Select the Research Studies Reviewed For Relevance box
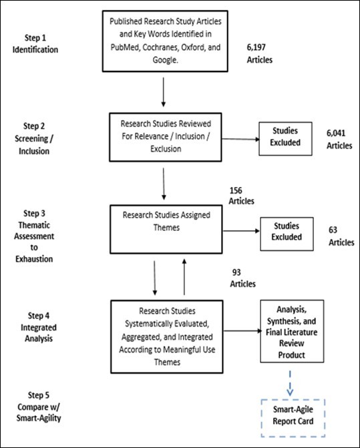(x=164, y=136)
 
